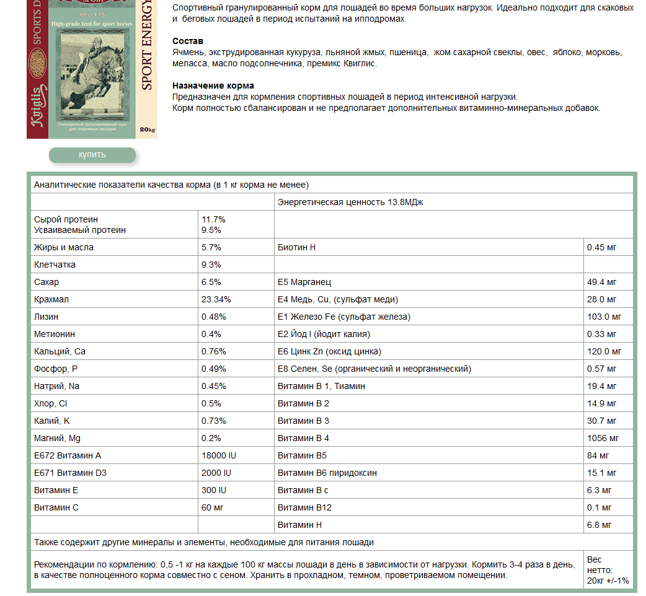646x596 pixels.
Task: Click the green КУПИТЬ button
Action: pos(92,155)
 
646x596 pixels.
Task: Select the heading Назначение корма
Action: pos(213,85)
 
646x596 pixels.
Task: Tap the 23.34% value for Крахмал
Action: pos(216,299)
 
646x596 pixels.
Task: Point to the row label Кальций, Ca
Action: pos(60,351)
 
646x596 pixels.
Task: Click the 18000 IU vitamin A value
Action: pos(219,455)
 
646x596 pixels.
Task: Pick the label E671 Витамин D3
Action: pos(71,473)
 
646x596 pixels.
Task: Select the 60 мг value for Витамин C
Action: pos(212,507)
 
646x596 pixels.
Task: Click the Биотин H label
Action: pos(297,247)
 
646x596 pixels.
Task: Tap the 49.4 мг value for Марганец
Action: pos(601,282)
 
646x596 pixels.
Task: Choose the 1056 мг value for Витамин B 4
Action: pos(603,438)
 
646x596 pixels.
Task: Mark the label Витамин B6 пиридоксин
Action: pos(327,473)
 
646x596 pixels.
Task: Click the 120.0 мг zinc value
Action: pos(604,351)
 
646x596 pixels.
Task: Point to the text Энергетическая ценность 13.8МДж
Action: pos(350,202)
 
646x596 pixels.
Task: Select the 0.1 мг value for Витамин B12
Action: pos(599,507)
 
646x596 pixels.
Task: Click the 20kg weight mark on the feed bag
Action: pos(148,129)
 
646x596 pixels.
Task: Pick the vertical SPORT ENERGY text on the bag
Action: pos(147,46)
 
